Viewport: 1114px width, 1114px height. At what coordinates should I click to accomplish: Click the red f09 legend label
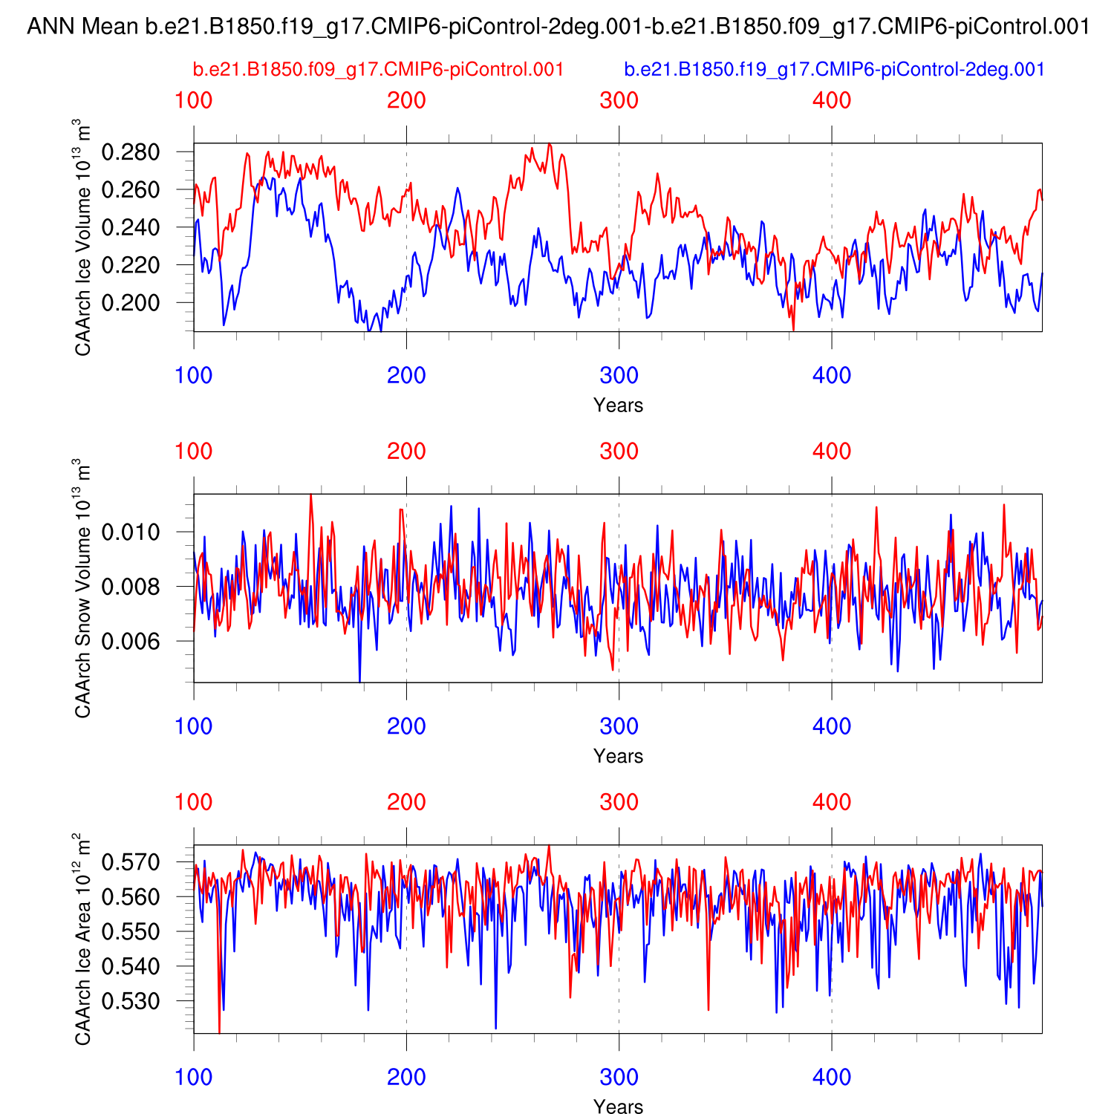[x=378, y=70]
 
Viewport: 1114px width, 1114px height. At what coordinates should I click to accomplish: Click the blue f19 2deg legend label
[x=834, y=70]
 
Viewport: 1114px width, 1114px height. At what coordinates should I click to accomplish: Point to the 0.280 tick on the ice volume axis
[x=131, y=152]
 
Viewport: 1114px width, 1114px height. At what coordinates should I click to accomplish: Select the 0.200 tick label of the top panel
[x=131, y=303]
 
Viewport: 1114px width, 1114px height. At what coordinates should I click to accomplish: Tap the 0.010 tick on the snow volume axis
[x=131, y=532]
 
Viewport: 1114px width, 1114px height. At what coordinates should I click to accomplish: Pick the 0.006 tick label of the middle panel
[x=131, y=641]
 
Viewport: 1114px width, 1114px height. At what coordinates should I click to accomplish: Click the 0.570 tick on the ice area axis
[x=131, y=863]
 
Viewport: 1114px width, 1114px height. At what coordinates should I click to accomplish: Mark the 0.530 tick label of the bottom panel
[x=131, y=1001]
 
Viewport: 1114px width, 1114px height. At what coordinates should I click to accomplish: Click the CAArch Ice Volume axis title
[x=83, y=238]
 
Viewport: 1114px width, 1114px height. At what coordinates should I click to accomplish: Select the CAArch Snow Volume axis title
[x=83, y=588]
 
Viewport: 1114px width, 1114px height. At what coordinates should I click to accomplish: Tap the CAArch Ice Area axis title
[x=83, y=939]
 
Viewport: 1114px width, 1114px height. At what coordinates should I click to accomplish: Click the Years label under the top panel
[x=618, y=405]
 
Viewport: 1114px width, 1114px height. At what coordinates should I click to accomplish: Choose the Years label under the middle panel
[x=618, y=756]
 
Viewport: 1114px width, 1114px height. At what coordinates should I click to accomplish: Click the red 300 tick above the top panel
[x=619, y=100]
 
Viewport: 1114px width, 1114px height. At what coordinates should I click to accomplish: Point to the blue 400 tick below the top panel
[x=831, y=375]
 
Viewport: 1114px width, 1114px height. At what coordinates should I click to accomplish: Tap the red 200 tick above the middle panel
[x=406, y=451]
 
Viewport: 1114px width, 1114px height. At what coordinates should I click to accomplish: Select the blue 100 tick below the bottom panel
[x=194, y=1077]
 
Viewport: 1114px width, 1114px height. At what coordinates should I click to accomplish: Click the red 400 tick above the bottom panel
[x=831, y=802]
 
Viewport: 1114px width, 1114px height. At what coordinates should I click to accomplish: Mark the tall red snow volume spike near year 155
[x=310, y=496]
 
